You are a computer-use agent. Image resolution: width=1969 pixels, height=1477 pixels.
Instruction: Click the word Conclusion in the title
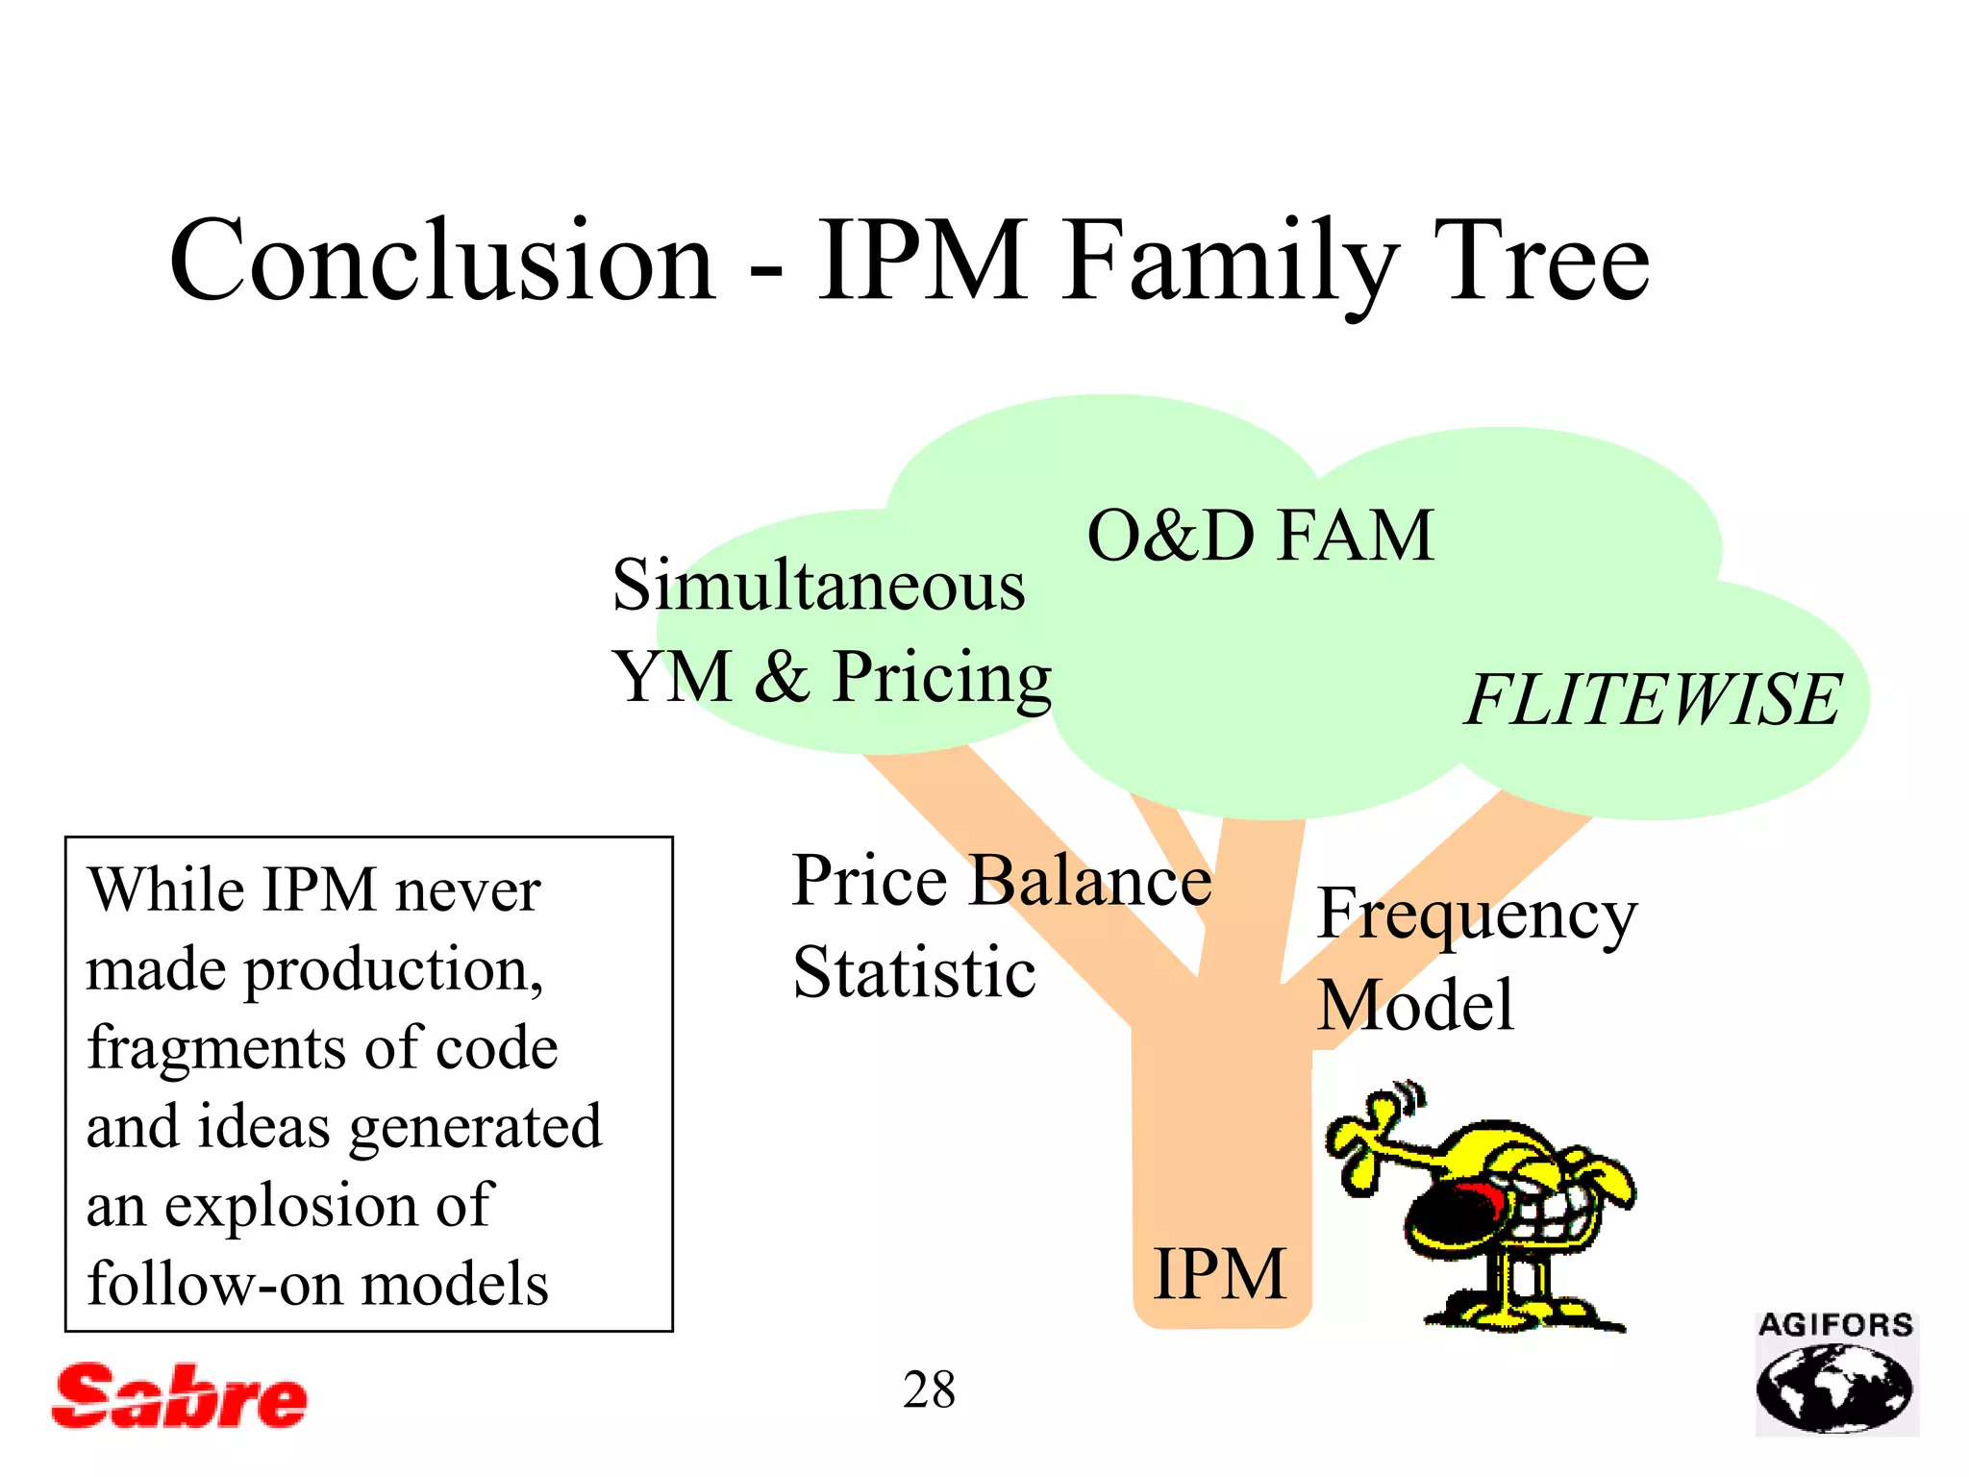(x=442, y=262)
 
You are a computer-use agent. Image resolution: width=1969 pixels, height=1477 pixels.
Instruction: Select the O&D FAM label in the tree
(x=1259, y=537)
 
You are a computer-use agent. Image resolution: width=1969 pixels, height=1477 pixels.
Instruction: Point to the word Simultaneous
(x=818, y=587)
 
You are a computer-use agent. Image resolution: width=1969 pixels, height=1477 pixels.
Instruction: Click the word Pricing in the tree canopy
(x=941, y=679)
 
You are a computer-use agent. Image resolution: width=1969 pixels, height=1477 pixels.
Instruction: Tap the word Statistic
(x=913, y=973)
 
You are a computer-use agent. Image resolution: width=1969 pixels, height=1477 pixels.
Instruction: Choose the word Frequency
(x=1476, y=915)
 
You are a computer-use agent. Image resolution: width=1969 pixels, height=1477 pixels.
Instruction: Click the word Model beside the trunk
(x=1415, y=1006)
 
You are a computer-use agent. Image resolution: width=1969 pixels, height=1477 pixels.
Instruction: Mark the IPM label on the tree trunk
(x=1219, y=1275)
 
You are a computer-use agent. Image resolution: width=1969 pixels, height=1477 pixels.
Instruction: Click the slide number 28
(x=929, y=1390)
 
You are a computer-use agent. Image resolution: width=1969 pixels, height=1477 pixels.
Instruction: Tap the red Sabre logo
(x=180, y=1396)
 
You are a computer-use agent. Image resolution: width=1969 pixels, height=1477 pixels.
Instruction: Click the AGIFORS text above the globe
(x=1835, y=1326)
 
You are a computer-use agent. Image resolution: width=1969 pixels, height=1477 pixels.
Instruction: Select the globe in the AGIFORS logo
(x=1833, y=1387)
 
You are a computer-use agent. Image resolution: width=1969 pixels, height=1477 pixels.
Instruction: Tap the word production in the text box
(x=393, y=969)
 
